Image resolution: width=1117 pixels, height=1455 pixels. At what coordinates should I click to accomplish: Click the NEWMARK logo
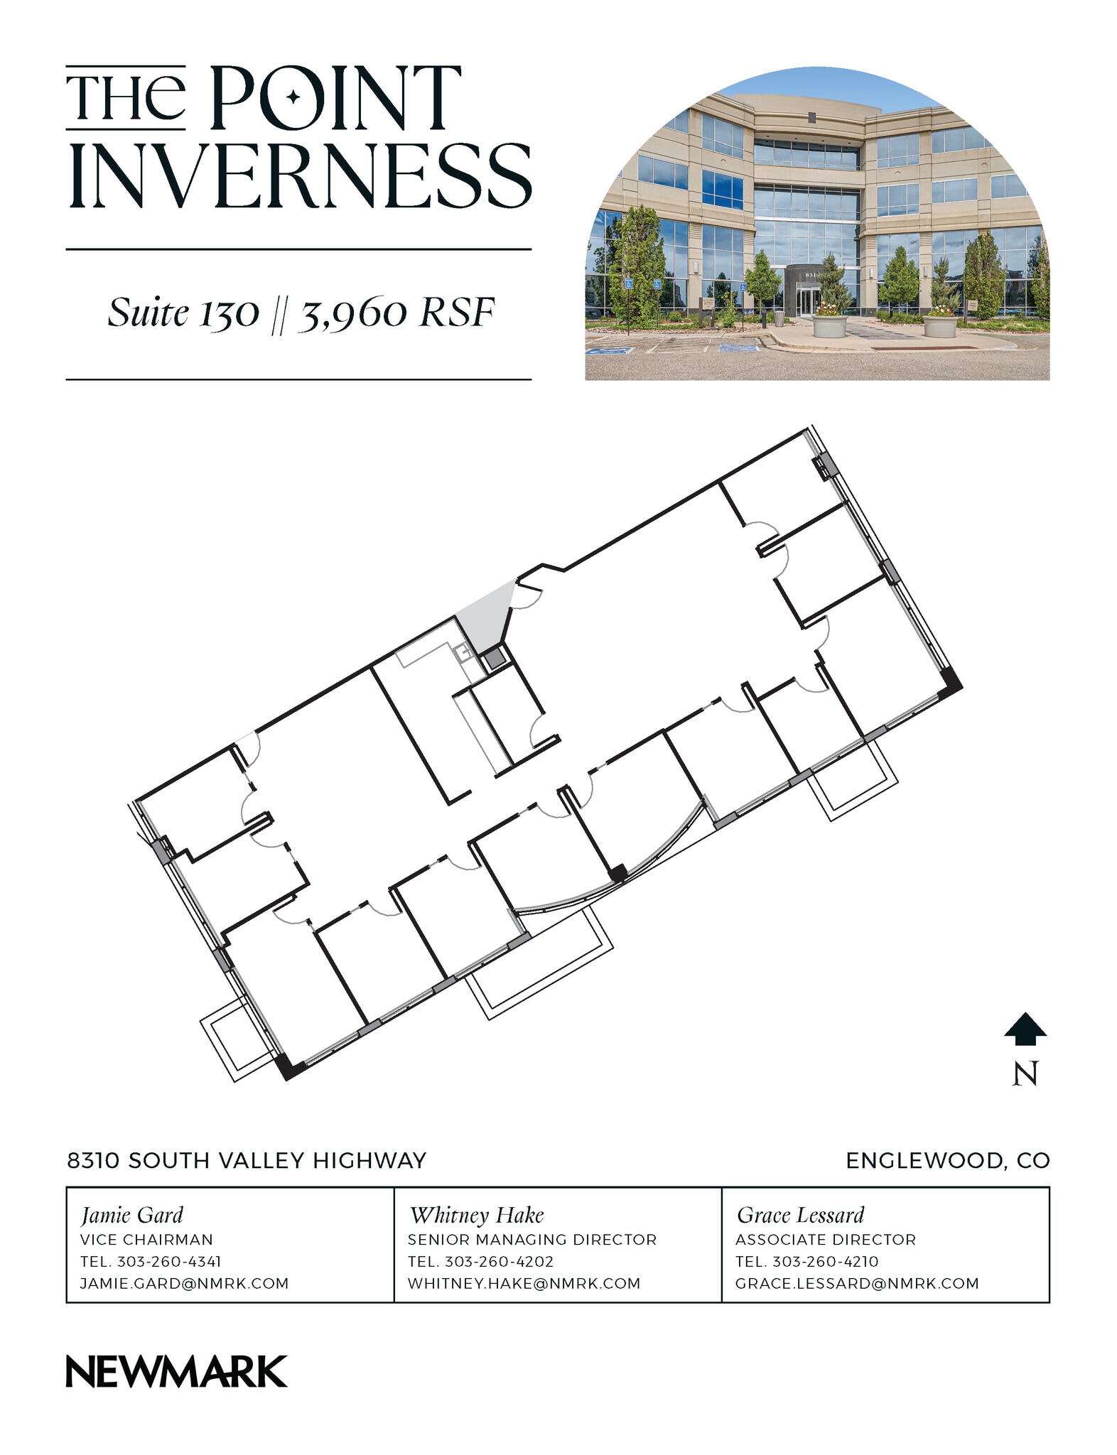176,1371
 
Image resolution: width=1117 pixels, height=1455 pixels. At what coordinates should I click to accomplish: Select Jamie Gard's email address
184,1284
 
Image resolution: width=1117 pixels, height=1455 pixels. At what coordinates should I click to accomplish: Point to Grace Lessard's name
800,1216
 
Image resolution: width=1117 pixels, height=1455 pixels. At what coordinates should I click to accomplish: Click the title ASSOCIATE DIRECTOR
826,1240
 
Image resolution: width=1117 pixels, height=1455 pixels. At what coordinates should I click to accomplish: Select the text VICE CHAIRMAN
146,1240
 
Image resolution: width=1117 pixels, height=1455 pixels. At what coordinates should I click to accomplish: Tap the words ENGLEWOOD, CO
947,1161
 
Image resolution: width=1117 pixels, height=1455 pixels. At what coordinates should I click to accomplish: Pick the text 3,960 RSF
395,313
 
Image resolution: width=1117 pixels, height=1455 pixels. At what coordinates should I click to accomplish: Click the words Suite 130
183,313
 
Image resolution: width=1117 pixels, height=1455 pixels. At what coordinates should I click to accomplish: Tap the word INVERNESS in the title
299,175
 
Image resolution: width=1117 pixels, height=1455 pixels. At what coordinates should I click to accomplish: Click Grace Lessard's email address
857,1284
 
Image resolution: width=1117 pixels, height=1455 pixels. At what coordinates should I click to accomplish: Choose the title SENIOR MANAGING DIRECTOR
531,1240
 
